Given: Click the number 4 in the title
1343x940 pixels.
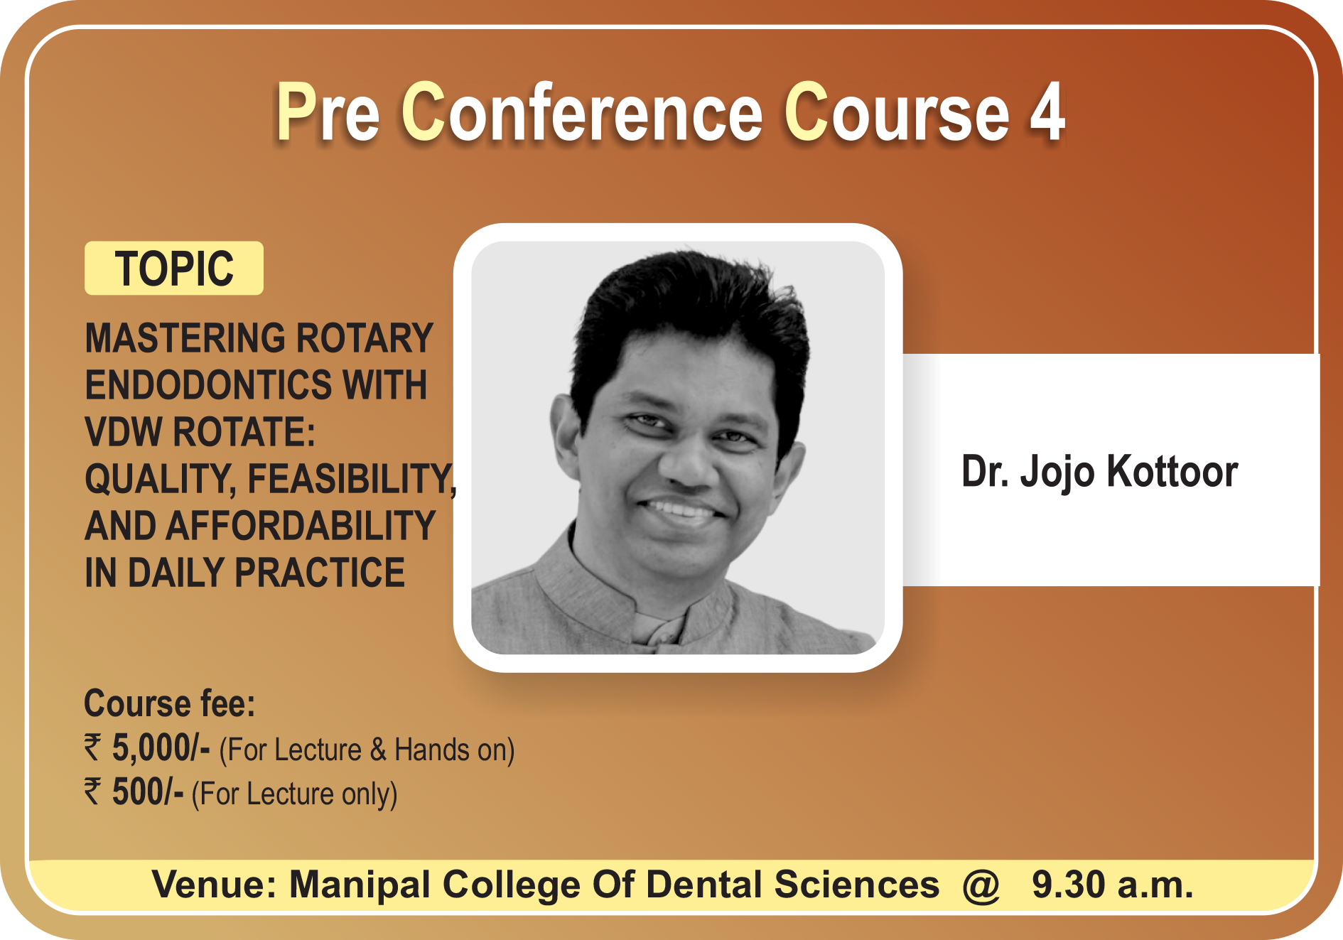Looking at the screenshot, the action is pyautogui.click(x=1047, y=112).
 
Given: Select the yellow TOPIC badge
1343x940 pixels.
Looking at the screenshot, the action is pyautogui.click(x=174, y=268).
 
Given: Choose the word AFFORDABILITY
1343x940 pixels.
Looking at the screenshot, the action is pyautogui.click(x=300, y=526).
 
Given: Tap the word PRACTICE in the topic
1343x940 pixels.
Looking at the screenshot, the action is pyautogui.click(x=320, y=573).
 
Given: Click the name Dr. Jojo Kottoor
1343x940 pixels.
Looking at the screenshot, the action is pyautogui.click(x=1099, y=472).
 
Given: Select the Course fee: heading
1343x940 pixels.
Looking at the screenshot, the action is pyautogui.click(x=170, y=703).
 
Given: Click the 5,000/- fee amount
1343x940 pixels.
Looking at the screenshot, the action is pyautogui.click(x=161, y=749).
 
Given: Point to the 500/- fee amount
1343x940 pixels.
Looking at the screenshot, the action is pyautogui.click(x=148, y=792).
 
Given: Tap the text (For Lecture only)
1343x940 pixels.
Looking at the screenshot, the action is pyautogui.click(x=294, y=794).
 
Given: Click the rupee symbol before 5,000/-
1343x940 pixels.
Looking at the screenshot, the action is pyautogui.click(x=93, y=748).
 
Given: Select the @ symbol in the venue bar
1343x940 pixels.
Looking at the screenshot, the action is pyautogui.click(x=981, y=885).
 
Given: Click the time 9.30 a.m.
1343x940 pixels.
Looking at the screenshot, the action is pyautogui.click(x=1113, y=885).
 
